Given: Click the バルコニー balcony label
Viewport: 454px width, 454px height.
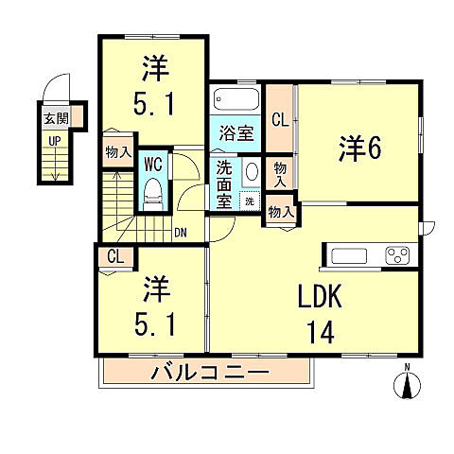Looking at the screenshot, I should [x=210, y=373].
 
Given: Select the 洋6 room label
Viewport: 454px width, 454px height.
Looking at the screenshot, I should [x=360, y=148].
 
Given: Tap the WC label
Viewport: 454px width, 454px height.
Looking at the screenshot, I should [x=153, y=163].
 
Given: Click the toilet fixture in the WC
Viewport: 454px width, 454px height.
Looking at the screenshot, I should [x=153, y=195].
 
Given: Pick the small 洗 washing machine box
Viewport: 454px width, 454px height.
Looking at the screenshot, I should [x=249, y=201].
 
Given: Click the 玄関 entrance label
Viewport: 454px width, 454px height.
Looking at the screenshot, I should [x=53, y=119].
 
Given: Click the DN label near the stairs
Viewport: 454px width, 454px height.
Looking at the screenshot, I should [x=180, y=232].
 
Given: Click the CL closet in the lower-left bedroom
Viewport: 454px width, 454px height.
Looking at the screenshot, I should [x=115, y=255].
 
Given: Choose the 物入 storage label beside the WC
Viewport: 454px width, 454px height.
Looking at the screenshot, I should [x=118, y=152].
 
